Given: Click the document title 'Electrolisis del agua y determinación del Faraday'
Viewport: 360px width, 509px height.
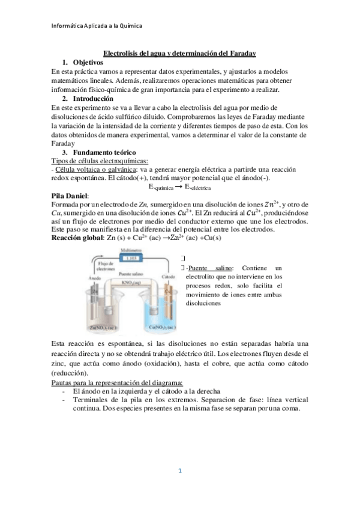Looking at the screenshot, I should [x=179, y=53].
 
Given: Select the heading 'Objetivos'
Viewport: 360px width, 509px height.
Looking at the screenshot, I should [x=88, y=62].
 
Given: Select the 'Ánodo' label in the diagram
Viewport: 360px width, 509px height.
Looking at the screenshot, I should [x=88, y=277].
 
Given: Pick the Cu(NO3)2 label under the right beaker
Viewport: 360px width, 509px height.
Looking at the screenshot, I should [x=161, y=328].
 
